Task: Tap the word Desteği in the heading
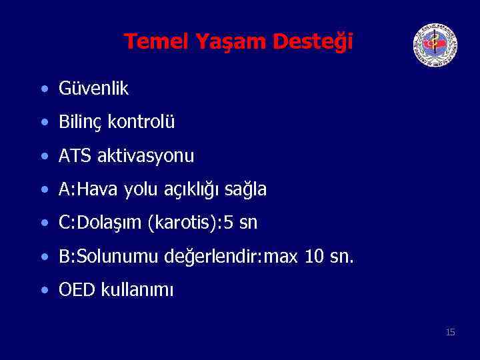pyautogui.click(x=313, y=42)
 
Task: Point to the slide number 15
pyautogui.click(x=450, y=331)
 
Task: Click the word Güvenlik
pyautogui.click(x=93, y=88)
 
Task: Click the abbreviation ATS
pyautogui.click(x=75, y=156)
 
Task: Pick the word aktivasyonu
pyautogui.click(x=146, y=157)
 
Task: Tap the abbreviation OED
pyautogui.click(x=77, y=290)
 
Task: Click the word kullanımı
pyautogui.click(x=137, y=291)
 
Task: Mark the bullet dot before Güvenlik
pyautogui.click(x=44, y=89)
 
